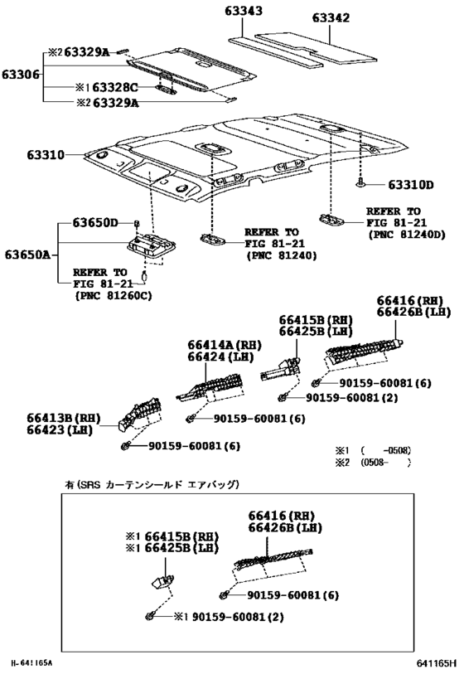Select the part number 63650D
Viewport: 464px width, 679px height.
(94, 223)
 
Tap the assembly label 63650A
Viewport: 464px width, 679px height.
(27, 254)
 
